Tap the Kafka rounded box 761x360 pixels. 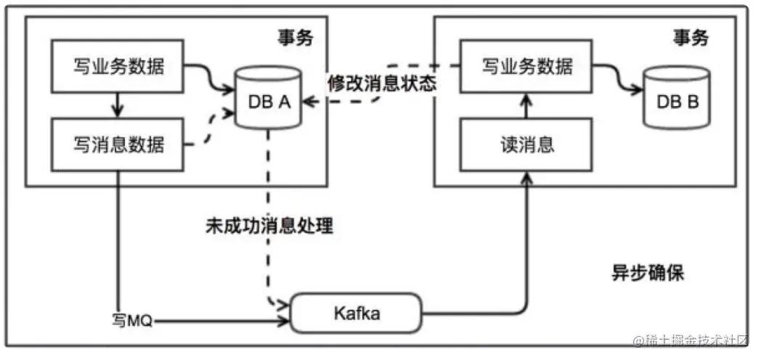(x=356, y=314)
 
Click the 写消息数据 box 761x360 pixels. (x=118, y=144)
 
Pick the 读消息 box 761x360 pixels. (x=526, y=144)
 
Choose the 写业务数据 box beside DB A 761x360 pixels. (x=118, y=67)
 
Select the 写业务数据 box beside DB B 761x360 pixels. (x=526, y=67)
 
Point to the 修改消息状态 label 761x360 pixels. (x=381, y=83)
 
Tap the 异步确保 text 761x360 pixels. (x=647, y=273)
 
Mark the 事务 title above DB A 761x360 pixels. (x=296, y=37)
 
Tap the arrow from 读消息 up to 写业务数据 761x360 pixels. (x=526, y=106)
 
